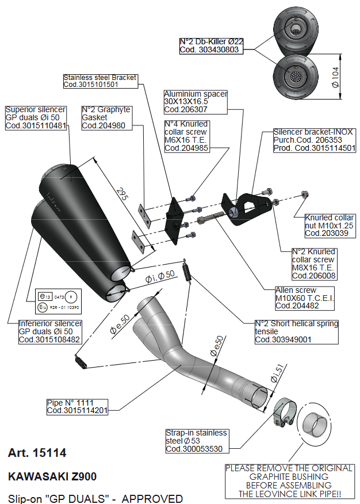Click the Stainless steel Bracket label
click(x=100, y=81)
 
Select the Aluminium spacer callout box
click(x=196, y=101)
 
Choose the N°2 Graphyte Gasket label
click(x=106, y=117)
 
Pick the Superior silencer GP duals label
click(x=35, y=118)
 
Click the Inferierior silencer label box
click(x=50, y=332)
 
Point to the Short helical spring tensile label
click(x=297, y=332)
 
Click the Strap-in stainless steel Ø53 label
click(x=196, y=441)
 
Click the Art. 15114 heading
click(x=37, y=453)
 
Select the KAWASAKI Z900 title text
click(x=52, y=477)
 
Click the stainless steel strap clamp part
click(x=282, y=413)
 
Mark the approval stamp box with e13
click(x=55, y=302)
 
